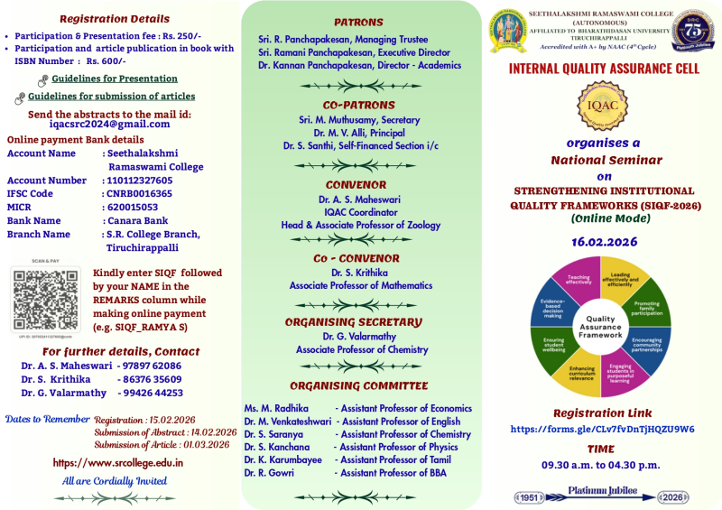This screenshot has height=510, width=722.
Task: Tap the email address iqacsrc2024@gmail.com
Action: pyautogui.click(x=109, y=125)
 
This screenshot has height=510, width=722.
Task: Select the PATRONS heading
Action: pyautogui.click(x=358, y=23)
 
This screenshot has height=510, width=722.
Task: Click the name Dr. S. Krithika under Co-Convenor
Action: pyautogui.click(x=358, y=273)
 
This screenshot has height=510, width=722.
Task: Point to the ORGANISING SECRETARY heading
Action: pyautogui.click(x=353, y=322)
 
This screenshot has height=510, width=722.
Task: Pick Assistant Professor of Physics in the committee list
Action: pyautogui.click(x=398, y=447)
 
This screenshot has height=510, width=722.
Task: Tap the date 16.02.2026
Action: pyautogui.click(x=604, y=242)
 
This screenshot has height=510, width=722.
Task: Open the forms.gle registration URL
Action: pyautogui.click(x=602, y=430)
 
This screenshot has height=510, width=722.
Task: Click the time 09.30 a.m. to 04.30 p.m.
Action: pyautogui.click(x=600, y=465)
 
